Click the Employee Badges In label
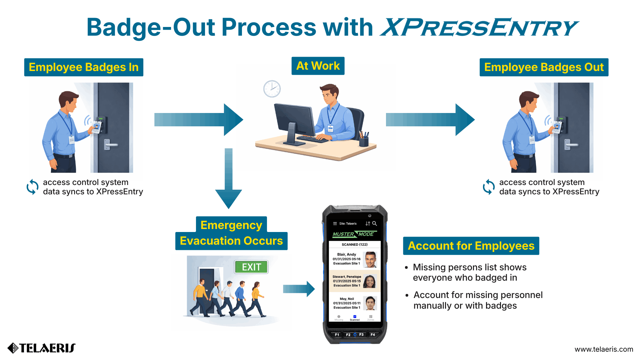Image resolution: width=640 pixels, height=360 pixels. (x=84, y=67)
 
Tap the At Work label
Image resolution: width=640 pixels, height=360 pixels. (x=318, y=66)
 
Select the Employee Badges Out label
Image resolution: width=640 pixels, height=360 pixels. (x=544, y=67)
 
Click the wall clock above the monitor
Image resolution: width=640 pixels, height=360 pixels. (x=272, y=89)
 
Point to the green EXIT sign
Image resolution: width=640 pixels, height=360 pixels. (x=251, y=267)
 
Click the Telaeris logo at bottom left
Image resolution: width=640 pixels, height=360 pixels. (x=42, y=348)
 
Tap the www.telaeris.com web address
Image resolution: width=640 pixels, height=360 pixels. (x=604, y=349)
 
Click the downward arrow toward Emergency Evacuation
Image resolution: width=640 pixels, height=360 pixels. (x=229, y=178)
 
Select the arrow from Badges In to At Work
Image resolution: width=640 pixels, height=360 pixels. (x=198, y=120)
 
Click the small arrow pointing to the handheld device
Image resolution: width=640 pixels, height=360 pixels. (x=299, y=289)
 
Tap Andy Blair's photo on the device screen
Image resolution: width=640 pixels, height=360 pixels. (x=370, y=259)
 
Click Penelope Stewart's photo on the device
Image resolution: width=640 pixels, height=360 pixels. (x=370, y=281)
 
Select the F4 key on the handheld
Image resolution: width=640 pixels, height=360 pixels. (x=373, y=335)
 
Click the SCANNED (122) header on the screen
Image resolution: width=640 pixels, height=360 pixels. (x=354, y=245)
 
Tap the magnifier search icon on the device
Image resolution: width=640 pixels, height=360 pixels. (x=375, y=223)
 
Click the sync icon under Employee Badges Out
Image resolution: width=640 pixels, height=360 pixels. (x=489, y=187)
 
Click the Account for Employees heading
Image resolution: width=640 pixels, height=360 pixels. (x=471, y=246)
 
